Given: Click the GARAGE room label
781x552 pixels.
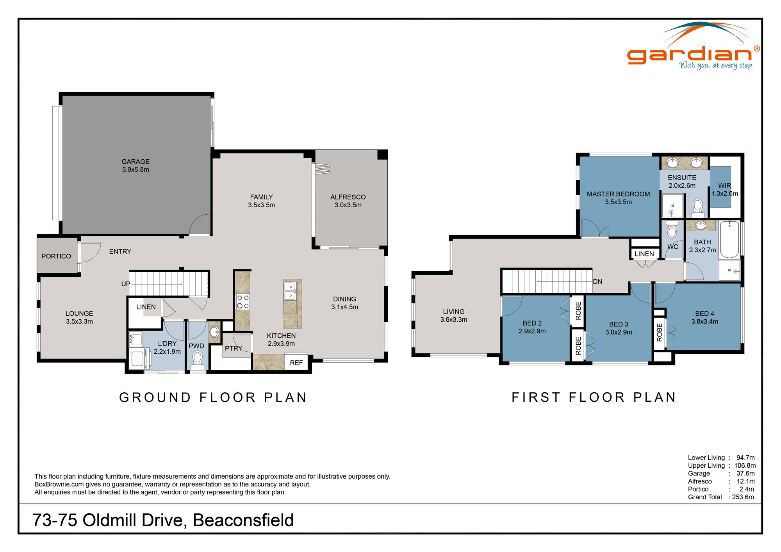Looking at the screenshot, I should click(136, 162).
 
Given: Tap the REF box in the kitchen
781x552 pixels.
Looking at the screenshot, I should click(296, 363).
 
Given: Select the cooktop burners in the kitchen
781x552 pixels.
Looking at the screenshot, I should click(243, 302).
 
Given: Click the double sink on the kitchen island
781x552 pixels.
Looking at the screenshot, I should click(290, 291).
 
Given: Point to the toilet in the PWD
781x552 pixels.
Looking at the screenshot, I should click(197, 358).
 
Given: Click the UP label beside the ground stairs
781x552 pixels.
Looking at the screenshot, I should click(125, 284).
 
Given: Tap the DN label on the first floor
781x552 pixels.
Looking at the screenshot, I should click(597, 281).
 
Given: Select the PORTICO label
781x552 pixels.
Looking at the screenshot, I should click(56, 256).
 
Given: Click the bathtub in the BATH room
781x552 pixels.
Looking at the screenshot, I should click(729, 239).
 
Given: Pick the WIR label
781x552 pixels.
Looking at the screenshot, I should click(724, 186).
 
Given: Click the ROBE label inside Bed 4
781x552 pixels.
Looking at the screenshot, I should click(660, 333).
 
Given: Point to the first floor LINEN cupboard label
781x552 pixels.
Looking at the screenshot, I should click(644, 254).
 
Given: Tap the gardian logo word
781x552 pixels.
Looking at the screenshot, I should click(689, 55).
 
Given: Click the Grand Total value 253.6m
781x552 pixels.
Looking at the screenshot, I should click(743, 497).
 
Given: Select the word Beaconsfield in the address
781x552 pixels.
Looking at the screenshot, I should click(243, 520).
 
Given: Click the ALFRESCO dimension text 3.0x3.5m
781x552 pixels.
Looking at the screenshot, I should click(348, 205).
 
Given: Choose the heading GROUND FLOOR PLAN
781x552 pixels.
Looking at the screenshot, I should click(213, 397).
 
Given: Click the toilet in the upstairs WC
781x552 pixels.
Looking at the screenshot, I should click(672, 231).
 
